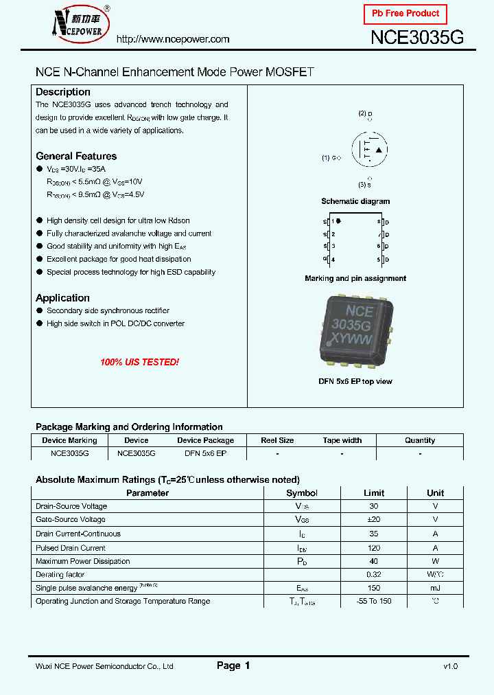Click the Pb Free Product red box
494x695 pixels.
click(405, 14)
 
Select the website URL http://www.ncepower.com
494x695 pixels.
click(173, 39)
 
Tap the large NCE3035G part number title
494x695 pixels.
click(417, 38)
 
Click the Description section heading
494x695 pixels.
click(63, 92)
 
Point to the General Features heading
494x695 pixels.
click(76, 156)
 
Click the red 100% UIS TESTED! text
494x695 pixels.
click(139, 362)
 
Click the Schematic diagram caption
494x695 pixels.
click(355, 201)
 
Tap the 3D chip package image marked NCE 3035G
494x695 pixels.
click(355, 328)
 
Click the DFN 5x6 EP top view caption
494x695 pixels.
click(355, 381)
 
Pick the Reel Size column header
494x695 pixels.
click(277, 440)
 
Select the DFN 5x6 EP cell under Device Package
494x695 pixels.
click(205, 453)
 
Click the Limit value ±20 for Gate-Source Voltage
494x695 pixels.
click(374, 520)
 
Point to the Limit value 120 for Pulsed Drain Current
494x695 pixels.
click(374, 548)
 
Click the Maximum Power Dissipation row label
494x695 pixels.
click(83, 561)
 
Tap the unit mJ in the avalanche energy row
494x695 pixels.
click(435, 588)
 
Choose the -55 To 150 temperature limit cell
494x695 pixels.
click(374, 601)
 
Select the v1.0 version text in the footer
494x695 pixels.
click(450, 666)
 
